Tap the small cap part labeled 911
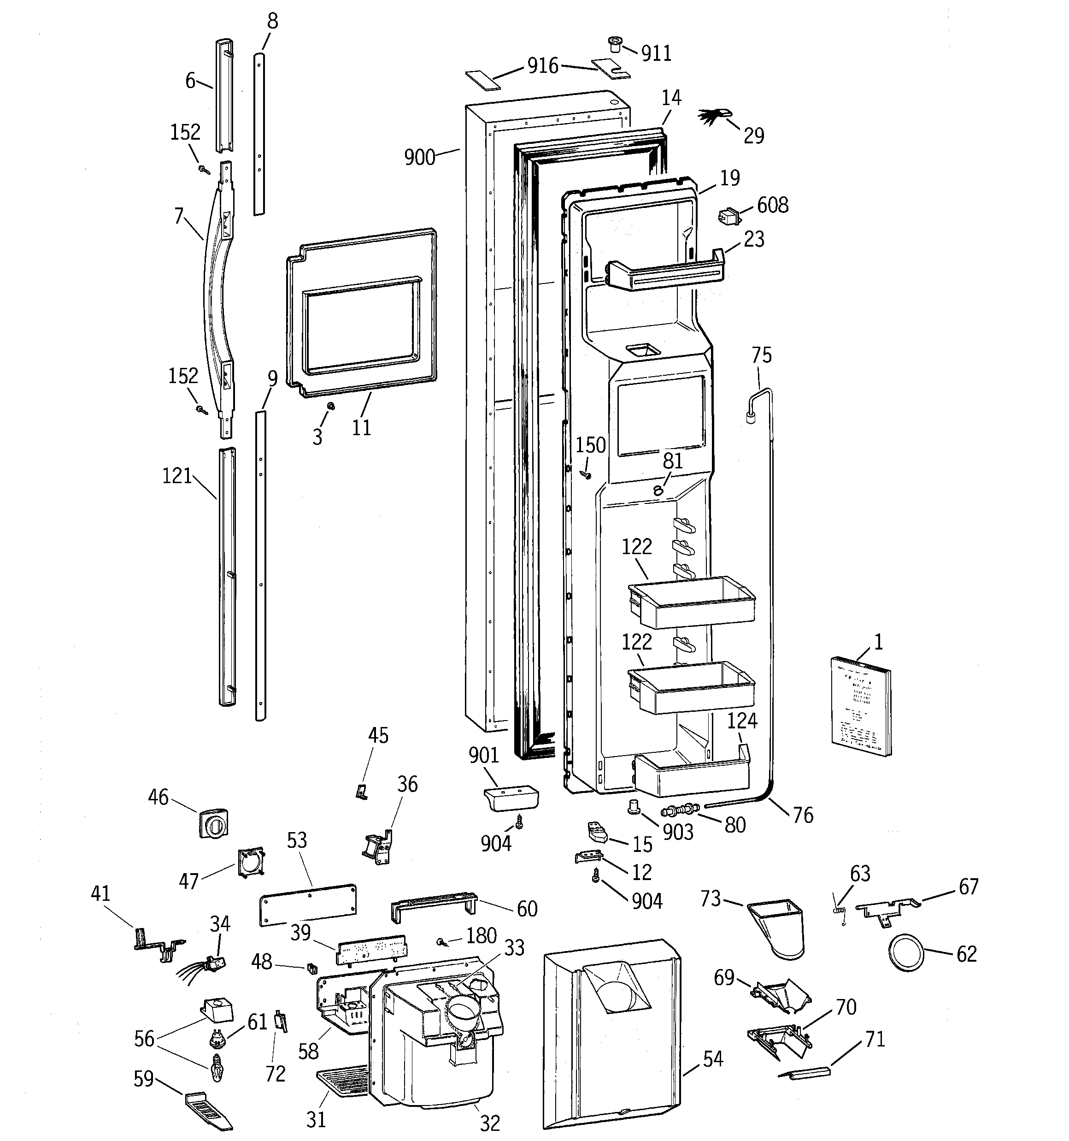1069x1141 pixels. pos(615,44)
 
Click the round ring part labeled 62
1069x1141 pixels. pos(907,953)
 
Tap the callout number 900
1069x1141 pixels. pos(419,157)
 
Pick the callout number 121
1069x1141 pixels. pos(177,476)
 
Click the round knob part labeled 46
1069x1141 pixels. pos(213,824)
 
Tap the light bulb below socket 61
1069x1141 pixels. pos(217,1068)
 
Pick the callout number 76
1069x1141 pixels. pos(803,816)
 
